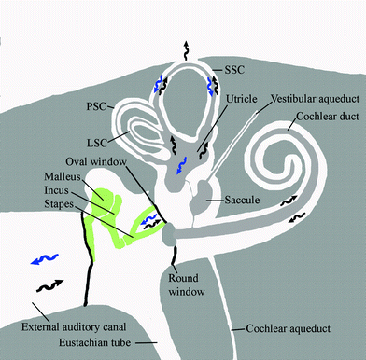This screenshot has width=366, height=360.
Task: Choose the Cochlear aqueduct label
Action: click(286, 328)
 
